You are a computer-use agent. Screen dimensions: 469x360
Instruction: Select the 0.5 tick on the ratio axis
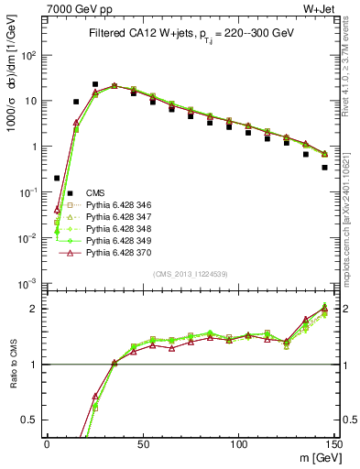tap(35, 420)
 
